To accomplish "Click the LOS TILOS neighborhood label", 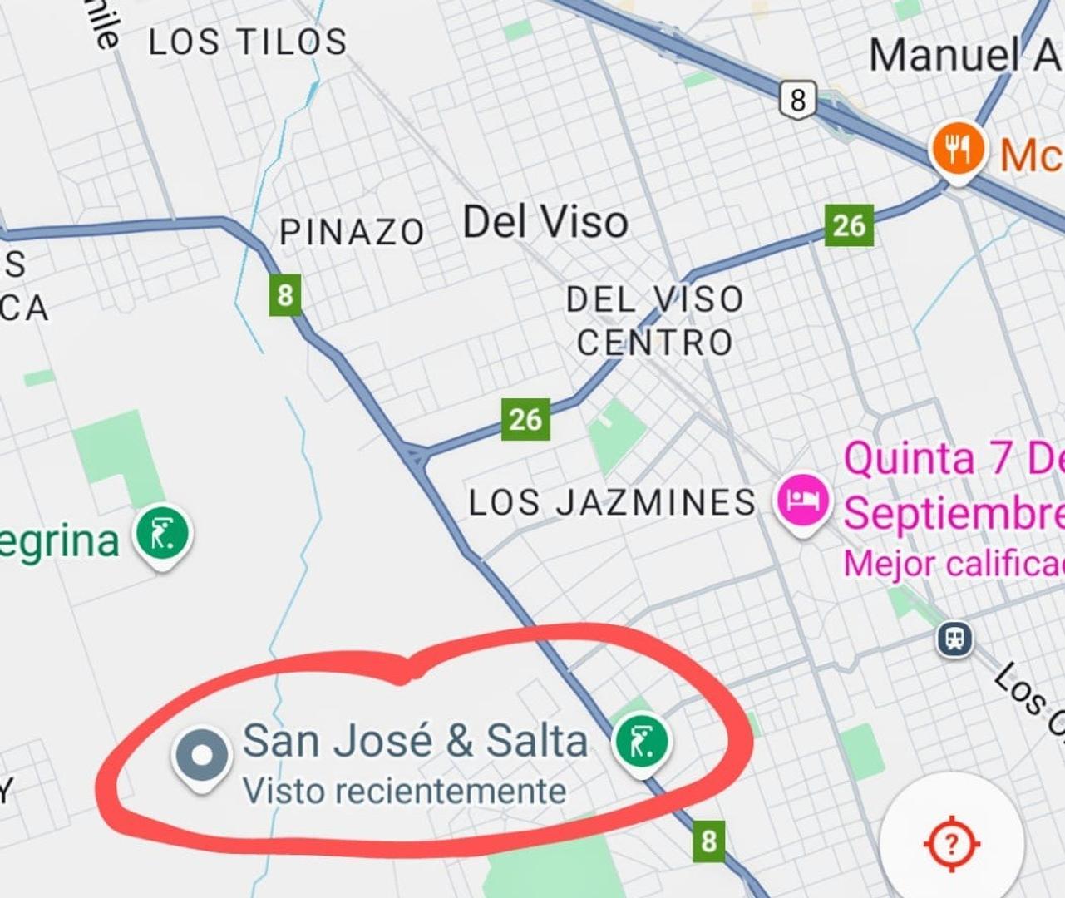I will coord(248,42).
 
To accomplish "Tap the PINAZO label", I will coord(352,232).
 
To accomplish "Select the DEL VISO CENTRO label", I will coord(655,321).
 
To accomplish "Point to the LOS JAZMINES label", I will coord(613,502).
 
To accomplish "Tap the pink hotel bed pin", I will coord(803,500).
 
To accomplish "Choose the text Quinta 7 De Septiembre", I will coord(954,486).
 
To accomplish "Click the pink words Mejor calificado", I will coord(954,565).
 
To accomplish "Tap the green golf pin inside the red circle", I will coord(642,742).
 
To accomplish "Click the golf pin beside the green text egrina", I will coord(163,535).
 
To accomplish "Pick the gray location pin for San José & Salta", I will coord(201,756).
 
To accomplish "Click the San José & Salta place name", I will coord(415,740).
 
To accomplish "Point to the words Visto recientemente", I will coord(404,791).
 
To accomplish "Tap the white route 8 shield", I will coord(797,100).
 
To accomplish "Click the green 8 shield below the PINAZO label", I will coord(285,295).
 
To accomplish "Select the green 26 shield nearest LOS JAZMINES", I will coord(525,419).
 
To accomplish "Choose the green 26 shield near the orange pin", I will coord(849,225).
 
